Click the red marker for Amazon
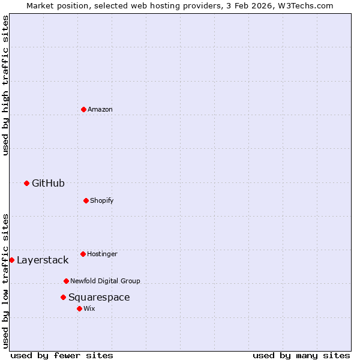[83, 109]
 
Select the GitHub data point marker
[26, 183]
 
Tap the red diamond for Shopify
[86, 200]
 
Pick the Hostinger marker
[83, 254]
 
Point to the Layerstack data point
[11, 260]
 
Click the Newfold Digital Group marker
[66, 281]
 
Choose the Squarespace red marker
[63, 297]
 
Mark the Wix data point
[79, 308]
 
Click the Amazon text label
[100, 109]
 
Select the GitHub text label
[48, 183]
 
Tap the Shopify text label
[102, 200]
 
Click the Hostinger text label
[102, 254]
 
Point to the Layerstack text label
[43, 260]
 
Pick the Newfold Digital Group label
[105, 281]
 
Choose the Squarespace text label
[99, 297]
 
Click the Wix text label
[89, 308]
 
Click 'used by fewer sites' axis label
[62, 355]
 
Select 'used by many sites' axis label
[301, 355]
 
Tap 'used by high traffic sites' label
[5, 85]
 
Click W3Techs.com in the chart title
[305, 5]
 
